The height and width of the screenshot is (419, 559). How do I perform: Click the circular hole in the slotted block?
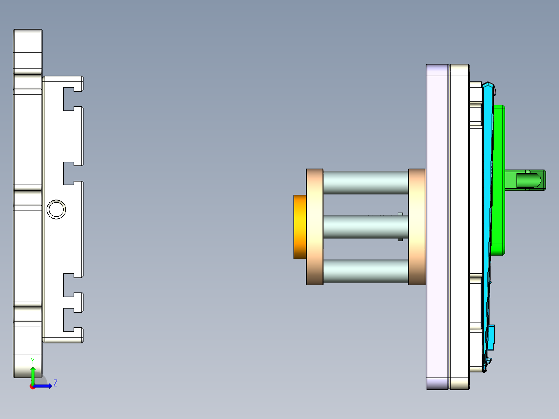point(56,209)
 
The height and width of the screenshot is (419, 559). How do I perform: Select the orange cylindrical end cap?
point(300,227)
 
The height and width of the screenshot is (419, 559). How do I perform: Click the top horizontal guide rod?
point(366,183)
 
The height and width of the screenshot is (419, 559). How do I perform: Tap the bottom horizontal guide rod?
point(366,271)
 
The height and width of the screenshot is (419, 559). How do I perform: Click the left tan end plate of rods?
point(315,227)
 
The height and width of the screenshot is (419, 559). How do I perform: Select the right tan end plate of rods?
point(417,227)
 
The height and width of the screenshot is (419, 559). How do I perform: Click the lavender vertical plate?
point(437,227)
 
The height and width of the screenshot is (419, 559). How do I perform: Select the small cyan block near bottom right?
point(492,336)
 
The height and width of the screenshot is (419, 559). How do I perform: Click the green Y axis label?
point(33,360)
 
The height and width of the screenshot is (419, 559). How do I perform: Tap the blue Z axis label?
point(55,383)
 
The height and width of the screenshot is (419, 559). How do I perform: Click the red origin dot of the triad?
point(32,386)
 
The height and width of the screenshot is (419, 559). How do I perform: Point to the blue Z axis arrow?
point(45,386)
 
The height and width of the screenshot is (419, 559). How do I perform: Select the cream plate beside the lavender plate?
point(459,227)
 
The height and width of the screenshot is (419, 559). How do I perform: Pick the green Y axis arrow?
point(33,374)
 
